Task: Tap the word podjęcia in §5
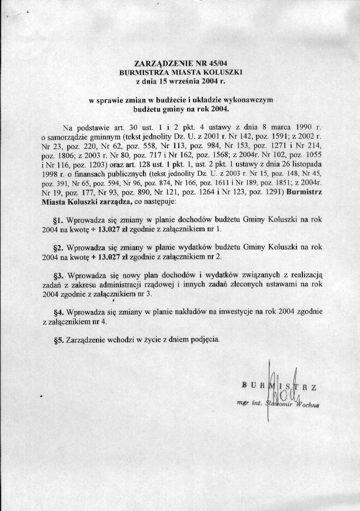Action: (204, 340)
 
